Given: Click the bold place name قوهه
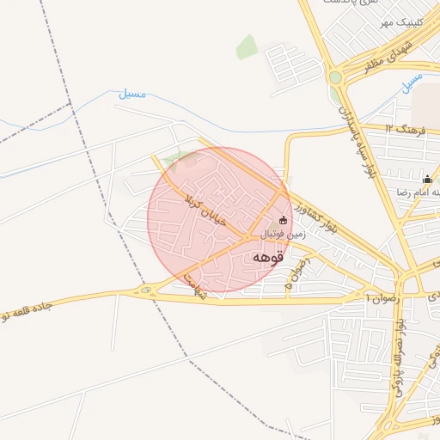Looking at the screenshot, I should (270, 257).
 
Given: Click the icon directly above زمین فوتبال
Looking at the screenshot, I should (284, 219).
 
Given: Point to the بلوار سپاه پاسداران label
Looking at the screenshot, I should (351, 132).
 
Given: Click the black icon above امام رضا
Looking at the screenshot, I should (427, 179).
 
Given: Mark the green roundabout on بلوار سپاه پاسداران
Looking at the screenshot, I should (334, 77).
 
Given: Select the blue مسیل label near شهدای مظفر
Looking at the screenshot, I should (412, 83).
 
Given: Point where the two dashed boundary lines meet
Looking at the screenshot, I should (71, 104).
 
